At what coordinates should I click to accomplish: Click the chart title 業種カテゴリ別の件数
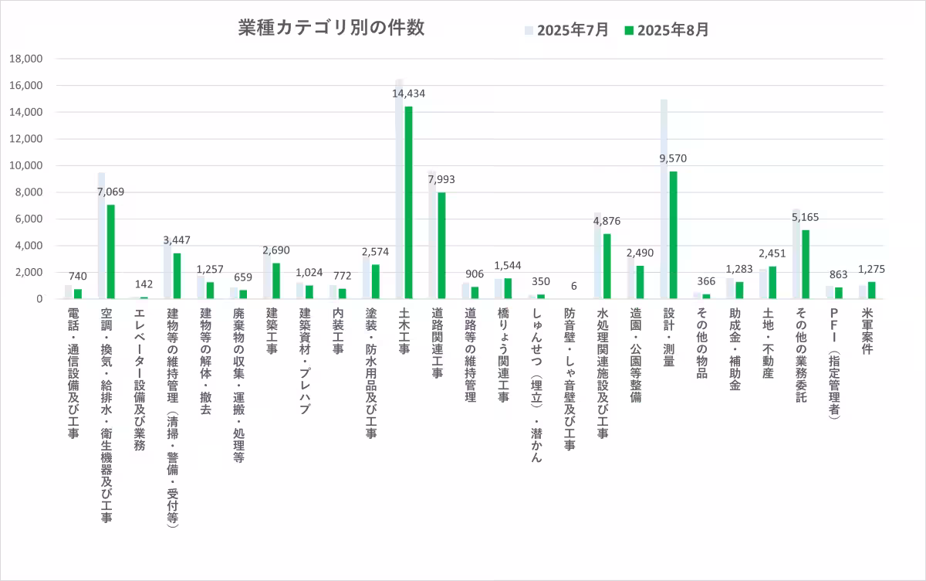(331, 29)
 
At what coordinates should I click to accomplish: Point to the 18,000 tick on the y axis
(27, 59)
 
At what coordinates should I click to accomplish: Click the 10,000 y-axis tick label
(27, 165)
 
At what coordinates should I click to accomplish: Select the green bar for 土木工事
(408, 202)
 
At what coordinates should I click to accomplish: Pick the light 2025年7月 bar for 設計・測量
(664, 199)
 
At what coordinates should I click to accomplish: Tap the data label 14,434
(408, 93)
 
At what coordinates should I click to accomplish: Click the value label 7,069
(110, 192)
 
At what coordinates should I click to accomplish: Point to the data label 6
(573, 286)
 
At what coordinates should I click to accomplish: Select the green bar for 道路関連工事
(441, 246)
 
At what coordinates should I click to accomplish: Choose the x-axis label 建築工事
(271, 333)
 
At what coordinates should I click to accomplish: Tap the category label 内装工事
(337, 333)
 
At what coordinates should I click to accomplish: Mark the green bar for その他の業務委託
(806, 264)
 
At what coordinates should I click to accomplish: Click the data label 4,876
(607, 221)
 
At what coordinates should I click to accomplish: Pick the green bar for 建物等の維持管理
(177, 276)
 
